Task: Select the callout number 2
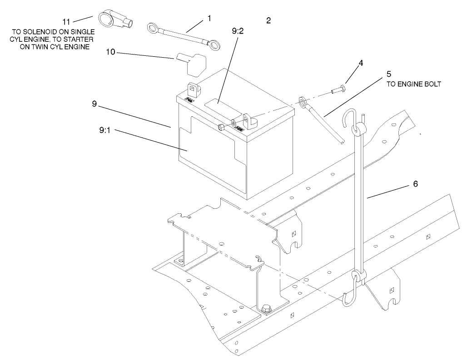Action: (268, 20)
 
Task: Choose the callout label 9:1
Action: (107, 130)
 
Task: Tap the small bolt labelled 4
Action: (338, 90)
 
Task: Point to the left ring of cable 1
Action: (153, 30)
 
